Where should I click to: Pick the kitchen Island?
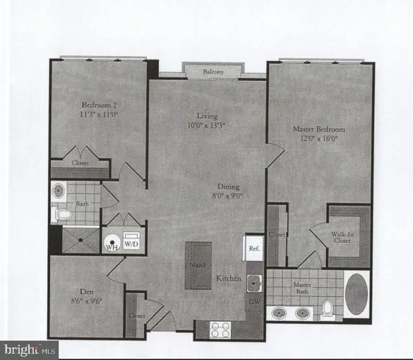pyautogui.click(x=198, y=264)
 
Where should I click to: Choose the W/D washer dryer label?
pyautogui.click(x=131, y=243)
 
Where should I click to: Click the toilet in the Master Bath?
pyautogui.click(x=328, y=308)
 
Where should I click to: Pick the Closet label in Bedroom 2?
pyautogui.click(x=80, y=162)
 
